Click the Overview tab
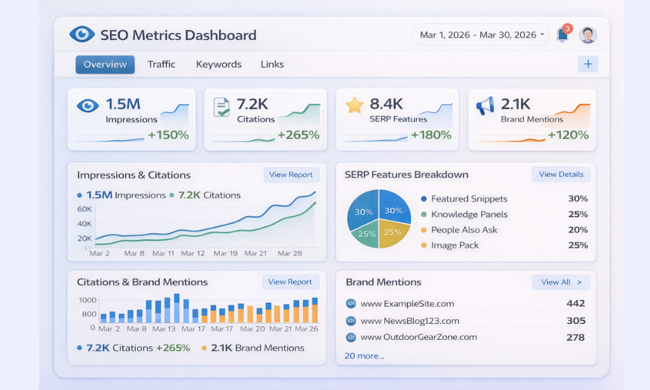[x=105, y=64]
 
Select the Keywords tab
[x=218, y=64]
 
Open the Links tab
[x=272, y=64]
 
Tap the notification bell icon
[x=562, y=35]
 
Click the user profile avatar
[x=588, y=35]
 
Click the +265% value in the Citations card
[x=298, y=135]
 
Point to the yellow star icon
[x=354, y=105]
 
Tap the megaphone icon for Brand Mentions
[x=485, y=106]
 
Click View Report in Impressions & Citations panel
[x=291, y=175]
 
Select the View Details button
[x=561, y=175]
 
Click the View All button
[x=561, y=282]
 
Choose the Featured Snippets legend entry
[x=469, y=199]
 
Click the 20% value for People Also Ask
[x=577, y=229]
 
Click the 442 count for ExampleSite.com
[x=575, y=304]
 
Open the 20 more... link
[x=364, y=356]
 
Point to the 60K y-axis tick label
[x=84, y=209]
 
